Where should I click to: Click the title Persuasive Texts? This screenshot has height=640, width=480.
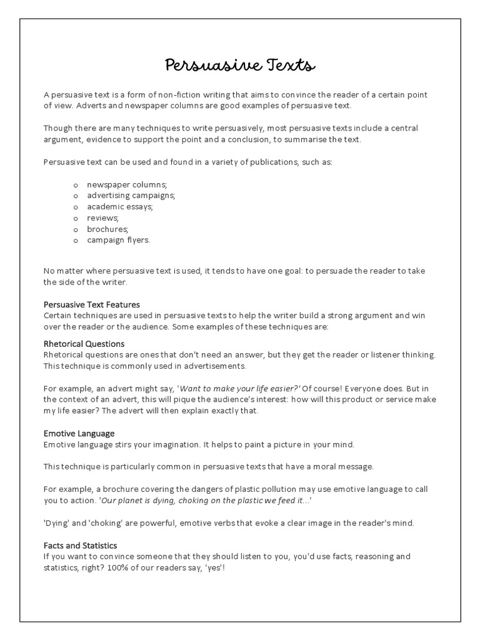240,64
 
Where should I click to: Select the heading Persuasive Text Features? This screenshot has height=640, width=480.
91,304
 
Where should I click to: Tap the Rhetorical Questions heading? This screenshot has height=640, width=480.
84,344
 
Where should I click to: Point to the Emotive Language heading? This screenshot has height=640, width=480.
79,433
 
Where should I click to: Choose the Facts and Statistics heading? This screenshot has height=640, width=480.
80,546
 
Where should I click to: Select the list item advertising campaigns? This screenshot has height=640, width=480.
131,196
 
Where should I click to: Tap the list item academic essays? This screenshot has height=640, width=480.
120,206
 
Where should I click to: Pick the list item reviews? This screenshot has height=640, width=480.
102,217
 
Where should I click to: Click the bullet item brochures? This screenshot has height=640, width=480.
107,229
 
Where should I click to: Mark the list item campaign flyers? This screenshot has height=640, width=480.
118,239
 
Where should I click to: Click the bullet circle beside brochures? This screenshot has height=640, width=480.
76,229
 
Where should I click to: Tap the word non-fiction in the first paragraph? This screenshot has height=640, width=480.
187,95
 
